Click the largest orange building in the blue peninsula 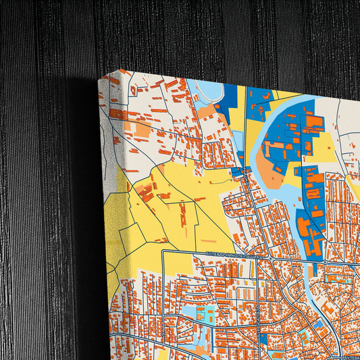(314, 123)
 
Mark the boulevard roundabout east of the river (325, 261)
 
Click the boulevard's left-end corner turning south (163, 251)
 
